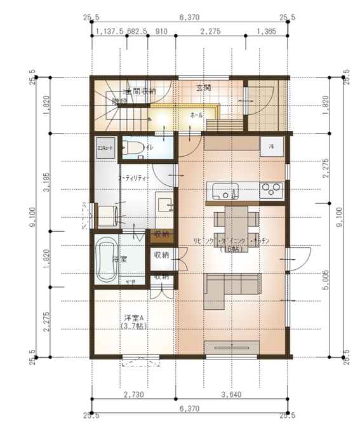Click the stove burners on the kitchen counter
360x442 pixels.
pos(271,189)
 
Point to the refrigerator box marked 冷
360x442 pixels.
pos(272,146)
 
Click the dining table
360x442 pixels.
pos(237,220)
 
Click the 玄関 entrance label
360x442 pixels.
pos(203,87)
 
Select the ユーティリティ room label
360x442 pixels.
pos(133,178)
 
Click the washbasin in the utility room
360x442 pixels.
pos(164,203)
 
